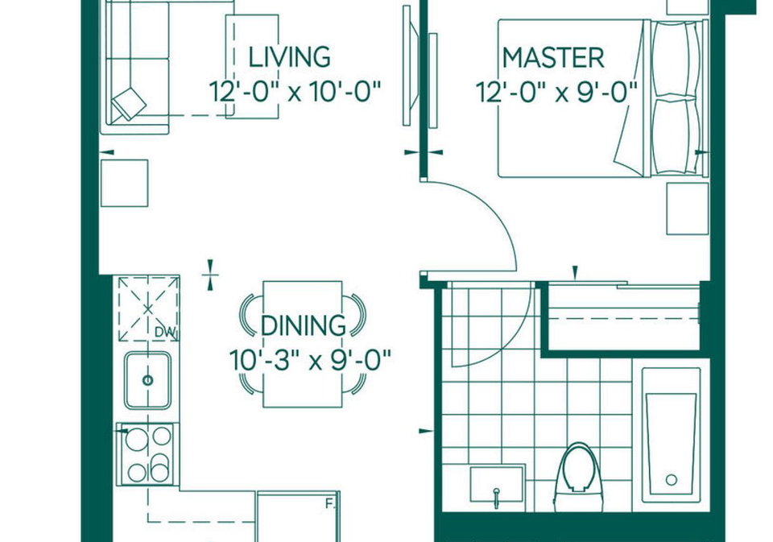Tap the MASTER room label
[x=553, y=58]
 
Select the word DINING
[x=304, y=325]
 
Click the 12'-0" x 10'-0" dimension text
[x=295, y=92]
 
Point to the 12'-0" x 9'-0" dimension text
[x=556, y=93]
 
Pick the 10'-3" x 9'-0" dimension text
[x=310, y=361]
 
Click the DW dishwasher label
[x=165, y=333]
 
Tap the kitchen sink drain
[x=147, y=380]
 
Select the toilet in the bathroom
[x=577, y=477]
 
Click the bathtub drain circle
[x=671, y=479]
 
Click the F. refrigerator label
[x=329, y=504]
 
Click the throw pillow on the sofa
[x=129, y=104]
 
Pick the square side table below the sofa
[x=124, y=183]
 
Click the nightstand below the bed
[x=687, y=209]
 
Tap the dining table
[x=303, y=344]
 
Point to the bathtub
[x=671, y=435]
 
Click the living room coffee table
[x=252, y=67]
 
